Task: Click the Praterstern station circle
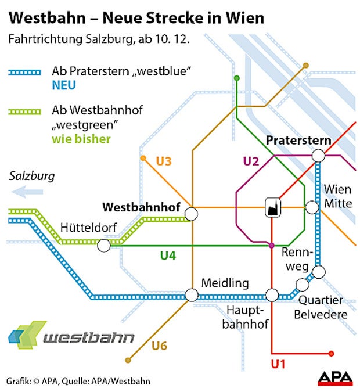tap(318, 156)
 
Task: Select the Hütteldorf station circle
tap(103, 246)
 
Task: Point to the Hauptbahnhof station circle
tap(271, 295)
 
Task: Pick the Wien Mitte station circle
tap(312, 207)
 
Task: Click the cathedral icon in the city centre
tap(271, 207)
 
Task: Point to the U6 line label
tap(159, 346)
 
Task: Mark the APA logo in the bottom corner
tap(335, 378)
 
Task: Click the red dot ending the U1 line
tap(331, 353)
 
